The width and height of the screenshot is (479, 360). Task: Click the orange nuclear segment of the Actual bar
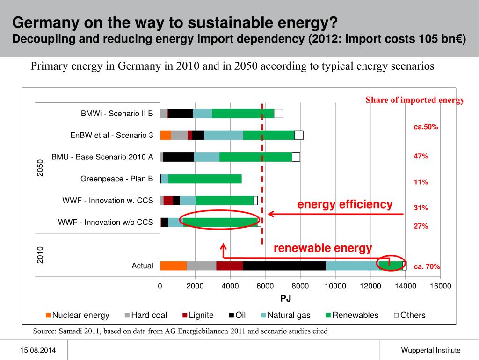pyautogui.click(x=173, y=266)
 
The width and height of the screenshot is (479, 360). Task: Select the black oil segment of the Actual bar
pyautogui.click(x=284, y=266)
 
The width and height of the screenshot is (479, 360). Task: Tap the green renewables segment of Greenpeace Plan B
pyautogui.click(x=205, y=179)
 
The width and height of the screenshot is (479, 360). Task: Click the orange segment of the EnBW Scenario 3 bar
pyautogui.click(x=165, y=135)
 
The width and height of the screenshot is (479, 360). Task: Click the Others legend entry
pyautogui.click(x=410, y=315)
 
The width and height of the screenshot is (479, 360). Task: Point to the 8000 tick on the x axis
pyautogui.click(x=300, y=286)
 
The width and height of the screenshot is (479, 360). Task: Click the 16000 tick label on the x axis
pyautogui.click(x=440, y=286)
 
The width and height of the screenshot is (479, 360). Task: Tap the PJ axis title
pyautogui.click(x=286, y=298)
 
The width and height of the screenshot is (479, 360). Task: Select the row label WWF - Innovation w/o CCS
pyautogui.click(x=105, y=222)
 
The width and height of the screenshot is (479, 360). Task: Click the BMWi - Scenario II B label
pyautogui.click(x=117, y=113)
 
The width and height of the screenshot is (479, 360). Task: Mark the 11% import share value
pyautogui.click(x=421, y=182)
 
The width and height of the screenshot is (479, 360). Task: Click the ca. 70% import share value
pyautogui.click(x=427, y=266)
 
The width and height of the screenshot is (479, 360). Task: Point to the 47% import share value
pyautogui.click(x=421, y=156)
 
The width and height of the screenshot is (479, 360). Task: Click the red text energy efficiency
pyautogui.click(x=345, y=204)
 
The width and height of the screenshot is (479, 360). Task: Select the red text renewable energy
pyautogui.click(x=323, y=248)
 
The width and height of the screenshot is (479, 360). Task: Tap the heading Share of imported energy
pyautogui.click(x=415, y=100)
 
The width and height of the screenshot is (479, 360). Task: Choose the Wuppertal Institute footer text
pyautogui.click(x=430, y=350)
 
